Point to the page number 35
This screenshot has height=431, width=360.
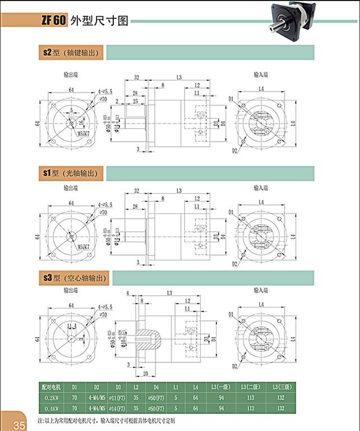[19, 425]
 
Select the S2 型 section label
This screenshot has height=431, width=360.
[71, 53]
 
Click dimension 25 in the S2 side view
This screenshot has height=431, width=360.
[135, 101]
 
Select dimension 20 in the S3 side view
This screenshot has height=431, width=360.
[145, 373]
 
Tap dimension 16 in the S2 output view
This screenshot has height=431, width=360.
[81, 121]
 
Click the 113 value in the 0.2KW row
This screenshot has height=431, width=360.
[248, 397]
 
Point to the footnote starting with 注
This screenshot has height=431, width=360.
[107, 420]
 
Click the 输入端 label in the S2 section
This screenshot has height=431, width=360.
[261, 74]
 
